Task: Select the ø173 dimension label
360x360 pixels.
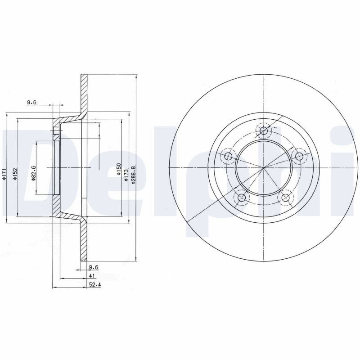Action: click(x=126, y=175)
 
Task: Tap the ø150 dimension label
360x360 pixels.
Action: click(x=118, y=170)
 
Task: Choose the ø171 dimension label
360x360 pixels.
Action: click(x=4, y=174)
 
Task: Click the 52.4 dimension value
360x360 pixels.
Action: click(x=95, y=285)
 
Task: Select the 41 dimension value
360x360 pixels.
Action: click(x=92, y=276)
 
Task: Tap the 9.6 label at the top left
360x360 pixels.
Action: click(x=32, y=103)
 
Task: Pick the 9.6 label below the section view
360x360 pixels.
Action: click(x=94, y=267)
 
